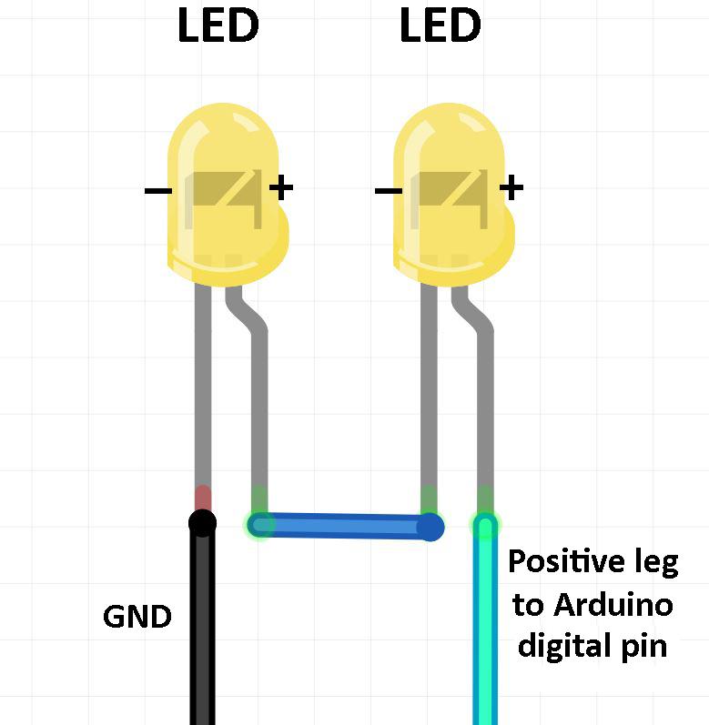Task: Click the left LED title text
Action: tap(218, 26)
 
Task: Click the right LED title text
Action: tap(440, 26)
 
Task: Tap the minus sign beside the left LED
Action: tap(157, 190)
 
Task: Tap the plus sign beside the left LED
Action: tap(281, 187)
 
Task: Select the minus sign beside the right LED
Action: tap(388, 190)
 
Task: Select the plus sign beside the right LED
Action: tap(511, 187)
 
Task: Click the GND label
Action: tap(137, 618)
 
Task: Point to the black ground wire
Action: tap(202, 637)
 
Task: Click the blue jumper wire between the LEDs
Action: tap(346, 526)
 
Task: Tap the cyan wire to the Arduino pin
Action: tap(486, 637)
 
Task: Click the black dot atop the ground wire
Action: tap(202, 523)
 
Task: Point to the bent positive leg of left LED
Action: tap(258, 391)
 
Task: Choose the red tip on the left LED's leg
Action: tap(202, 498)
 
